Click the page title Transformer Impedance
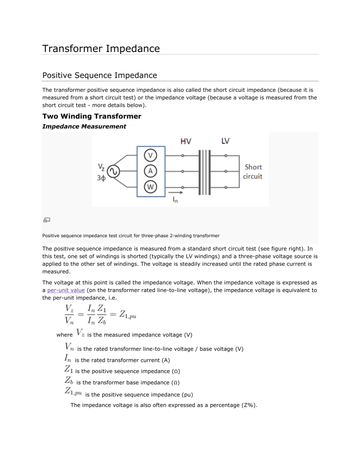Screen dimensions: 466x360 pyautogui.click(x=101, y=48)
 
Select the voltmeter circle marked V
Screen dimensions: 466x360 pyautogui.click(x=150, y=156)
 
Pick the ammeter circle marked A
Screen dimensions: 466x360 pyautogui.click(x=150, y=172)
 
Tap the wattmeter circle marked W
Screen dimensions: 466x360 pyautogui.click(x=150, y=188)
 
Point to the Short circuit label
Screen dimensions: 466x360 pyautogui.click(x=254, y=172)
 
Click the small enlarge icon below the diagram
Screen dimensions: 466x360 pyautogui.click(x=47, y=219)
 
